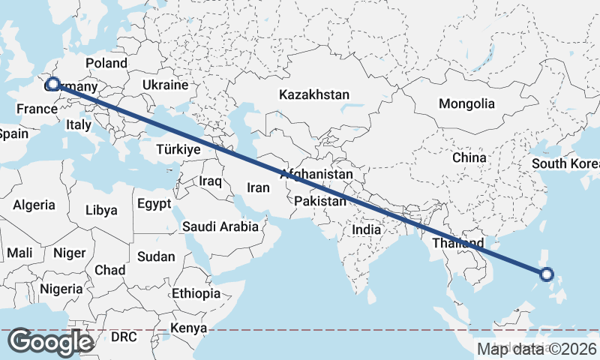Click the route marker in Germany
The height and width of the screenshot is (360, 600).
52,84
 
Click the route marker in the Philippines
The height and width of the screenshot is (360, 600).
547,274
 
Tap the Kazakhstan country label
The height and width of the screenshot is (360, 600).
314,95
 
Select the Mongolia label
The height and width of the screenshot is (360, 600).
466,103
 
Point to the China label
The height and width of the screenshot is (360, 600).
469,158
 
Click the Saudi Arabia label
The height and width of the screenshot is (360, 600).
220,226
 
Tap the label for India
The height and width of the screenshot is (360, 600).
367,230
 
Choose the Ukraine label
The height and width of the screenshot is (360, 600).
164,85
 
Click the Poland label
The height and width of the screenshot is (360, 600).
106,63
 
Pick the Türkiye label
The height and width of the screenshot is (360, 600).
178,150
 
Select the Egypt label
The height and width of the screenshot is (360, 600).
154,203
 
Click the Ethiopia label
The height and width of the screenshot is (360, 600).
196,293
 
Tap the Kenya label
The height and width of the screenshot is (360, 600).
188,328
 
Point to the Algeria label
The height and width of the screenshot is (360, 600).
34,205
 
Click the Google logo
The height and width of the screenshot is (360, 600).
50,342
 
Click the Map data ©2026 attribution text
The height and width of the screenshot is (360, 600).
537,349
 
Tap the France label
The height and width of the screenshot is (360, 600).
37,109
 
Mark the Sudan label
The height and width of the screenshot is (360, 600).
156,256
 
